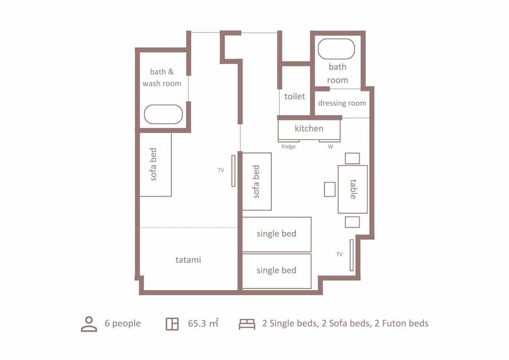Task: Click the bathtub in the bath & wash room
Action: click(163, 115)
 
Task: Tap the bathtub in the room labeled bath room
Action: click(336, 49)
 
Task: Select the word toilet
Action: click(295, 96)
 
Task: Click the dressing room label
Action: click(342, 103)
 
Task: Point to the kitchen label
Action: click(309, 129)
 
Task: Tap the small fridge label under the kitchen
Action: click(289, 147)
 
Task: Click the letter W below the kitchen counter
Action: click(330, 147)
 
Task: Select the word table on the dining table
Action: click(353, 189)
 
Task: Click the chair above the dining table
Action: click(352, 158)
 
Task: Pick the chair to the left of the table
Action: click(330, 189)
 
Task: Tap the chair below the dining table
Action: click(352, 222)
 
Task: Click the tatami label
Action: click(188, 260)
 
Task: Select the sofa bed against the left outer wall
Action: click(155, 164)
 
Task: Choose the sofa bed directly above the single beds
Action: click(257, 181)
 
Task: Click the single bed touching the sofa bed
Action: click(276, 234)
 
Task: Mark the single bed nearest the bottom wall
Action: click(276, 271)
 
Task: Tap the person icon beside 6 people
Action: click(89, 324)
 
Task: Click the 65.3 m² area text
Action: click(203, 323)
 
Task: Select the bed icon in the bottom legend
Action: click(247, 324)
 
